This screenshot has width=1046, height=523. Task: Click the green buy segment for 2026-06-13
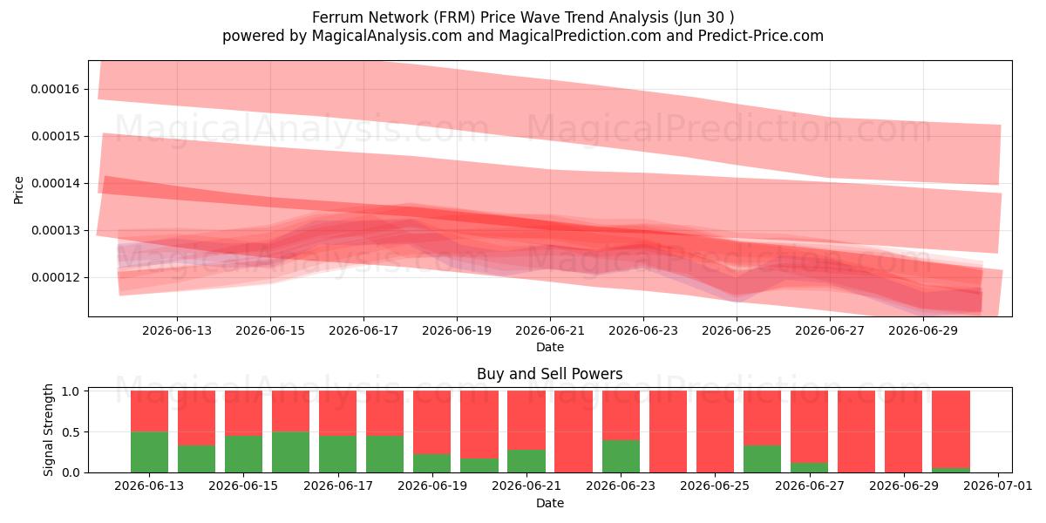(149, 452)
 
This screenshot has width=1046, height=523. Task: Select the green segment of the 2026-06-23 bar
(621, 456)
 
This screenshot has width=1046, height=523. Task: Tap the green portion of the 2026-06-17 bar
(337, 454)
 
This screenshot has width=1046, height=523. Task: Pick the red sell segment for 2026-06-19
(432, 422)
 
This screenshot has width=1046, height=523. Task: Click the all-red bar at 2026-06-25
(715, 431)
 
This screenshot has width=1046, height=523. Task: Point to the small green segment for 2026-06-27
(809, 467)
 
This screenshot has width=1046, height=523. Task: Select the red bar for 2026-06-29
(904, 431)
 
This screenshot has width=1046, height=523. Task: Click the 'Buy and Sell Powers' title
(550, 374)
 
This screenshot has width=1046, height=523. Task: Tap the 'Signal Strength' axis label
(48, 430)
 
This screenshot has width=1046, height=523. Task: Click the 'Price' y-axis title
(18, 190)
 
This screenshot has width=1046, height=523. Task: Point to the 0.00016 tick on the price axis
(55, 89)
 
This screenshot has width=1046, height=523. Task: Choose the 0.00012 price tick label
(55, 277)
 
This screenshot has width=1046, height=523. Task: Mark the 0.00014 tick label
(55, 183)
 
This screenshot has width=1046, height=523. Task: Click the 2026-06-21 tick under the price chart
(550, 330)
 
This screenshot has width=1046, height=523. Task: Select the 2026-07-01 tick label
(998, 486)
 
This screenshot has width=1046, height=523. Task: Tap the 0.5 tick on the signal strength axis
(71, 432)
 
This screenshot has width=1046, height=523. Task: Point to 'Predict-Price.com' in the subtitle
(761, 36)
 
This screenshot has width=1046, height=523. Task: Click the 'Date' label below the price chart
(550, 347)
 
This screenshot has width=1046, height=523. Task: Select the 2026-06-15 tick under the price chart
(270, 330)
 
